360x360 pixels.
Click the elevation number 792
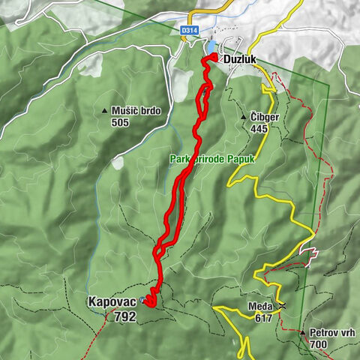pos(124,316)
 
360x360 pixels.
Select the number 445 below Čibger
pos(259,129)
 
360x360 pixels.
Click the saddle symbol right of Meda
pos(282,306)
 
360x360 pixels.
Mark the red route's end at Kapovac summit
pos(148,302)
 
